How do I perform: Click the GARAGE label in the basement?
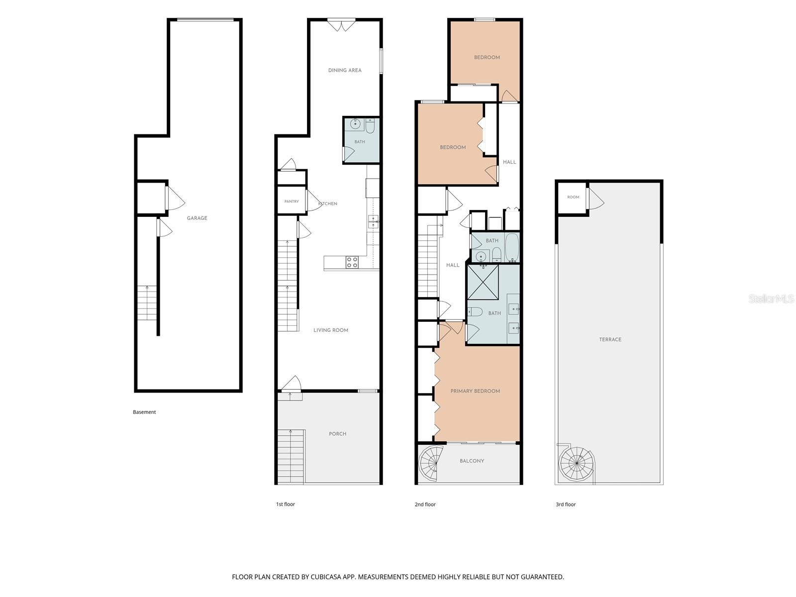point(197,218)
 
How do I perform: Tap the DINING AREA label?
point(344,70)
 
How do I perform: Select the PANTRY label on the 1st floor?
point(292,201)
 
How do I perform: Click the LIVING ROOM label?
point(331,330)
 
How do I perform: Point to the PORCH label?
point(338,434)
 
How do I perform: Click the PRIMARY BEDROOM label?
point(475,391)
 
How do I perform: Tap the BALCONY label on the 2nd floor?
point(472,461)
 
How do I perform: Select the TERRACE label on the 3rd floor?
point(610,340)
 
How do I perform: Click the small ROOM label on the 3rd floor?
point(573,197)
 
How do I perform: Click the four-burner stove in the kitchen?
point(352,262)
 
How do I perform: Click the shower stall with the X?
point(483,283)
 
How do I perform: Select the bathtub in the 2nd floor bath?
point(512,247)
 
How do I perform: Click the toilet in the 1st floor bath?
point(370,126)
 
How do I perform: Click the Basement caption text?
point(144,412)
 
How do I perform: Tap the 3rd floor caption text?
point(566,504)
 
